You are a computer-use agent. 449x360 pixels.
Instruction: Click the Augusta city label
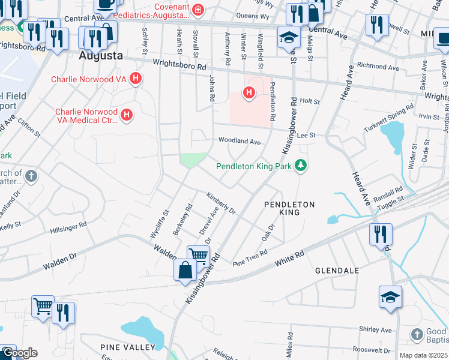pyautogui.click(x=101, y=55)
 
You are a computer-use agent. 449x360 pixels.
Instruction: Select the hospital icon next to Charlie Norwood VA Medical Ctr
pyautogui.click(x=126, y=115)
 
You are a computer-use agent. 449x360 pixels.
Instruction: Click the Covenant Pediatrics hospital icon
pyautogui.click(x=197, y=10)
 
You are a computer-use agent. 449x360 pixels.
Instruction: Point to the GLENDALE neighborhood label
pyautogui.click(x=337, y=271)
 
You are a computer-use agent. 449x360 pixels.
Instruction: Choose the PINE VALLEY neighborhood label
pyautogui.click(x=128, y=347)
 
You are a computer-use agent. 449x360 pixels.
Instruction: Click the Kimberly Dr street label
pyautogui.click(x=221, y=203)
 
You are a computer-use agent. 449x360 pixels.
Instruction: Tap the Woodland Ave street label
pyautogui.click(x=239, y=142)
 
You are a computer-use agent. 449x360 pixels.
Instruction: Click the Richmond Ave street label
pyautogui.click(x=378, y=68)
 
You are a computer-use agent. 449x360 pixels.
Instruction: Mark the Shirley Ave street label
pyautogui.click(x=375, y=329)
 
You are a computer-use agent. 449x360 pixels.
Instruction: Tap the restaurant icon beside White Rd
pyautogui.click(x=381, y=233)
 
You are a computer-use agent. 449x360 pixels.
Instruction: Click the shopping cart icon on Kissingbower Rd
pyautogui.click(x=198, y=255)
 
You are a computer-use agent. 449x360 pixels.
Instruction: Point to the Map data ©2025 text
pyautogui.click(x=423, y=355)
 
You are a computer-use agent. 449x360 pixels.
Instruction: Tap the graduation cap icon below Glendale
pyautogui.click(x=390, y=296)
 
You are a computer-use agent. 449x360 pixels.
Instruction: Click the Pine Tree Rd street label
pyautogui.click(x=249, y=259)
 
